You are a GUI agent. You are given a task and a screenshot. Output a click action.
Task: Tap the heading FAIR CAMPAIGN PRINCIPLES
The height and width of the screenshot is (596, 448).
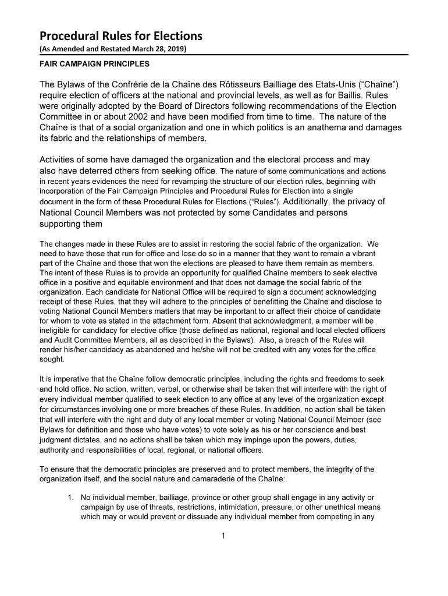pos(94,63)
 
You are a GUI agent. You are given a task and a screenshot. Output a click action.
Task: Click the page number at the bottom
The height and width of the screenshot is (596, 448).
pos(223,536)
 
